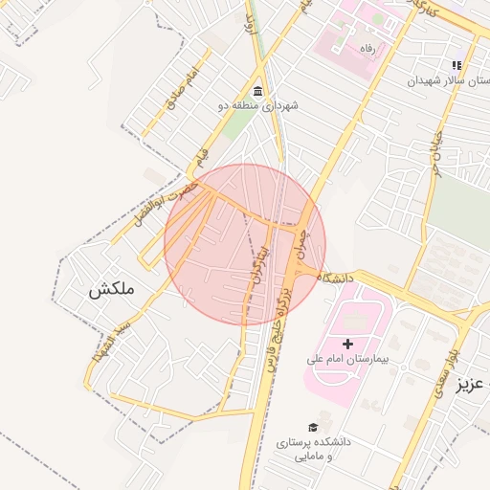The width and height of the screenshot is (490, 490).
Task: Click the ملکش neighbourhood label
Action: [x=112, y=289]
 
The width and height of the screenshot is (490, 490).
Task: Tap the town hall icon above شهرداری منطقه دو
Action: [x=258, y=90]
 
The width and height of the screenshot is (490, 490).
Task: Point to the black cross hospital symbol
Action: [x=347, y=343]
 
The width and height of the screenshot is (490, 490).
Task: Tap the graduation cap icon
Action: [x=313, y=427]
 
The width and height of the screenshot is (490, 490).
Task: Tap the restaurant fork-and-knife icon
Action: [x=457, y=66]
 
